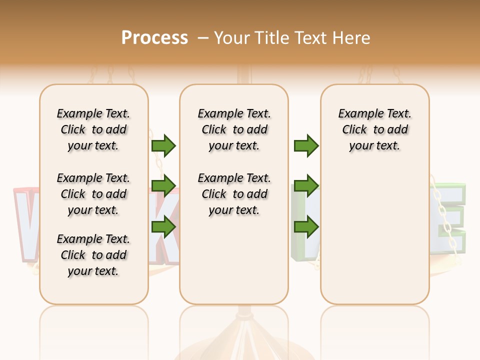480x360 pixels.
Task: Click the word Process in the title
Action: click(154, 38)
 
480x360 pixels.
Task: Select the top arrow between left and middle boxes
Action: click(163, 145)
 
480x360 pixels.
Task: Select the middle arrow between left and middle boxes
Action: click(163, 186)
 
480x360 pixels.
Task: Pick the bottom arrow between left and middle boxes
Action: click(163, 227)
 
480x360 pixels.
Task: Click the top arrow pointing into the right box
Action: click(306, 145)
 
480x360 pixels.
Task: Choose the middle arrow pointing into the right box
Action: click(306, 186)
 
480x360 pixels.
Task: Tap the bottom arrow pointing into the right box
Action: click(306, 227)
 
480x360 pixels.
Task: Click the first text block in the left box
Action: click(93, 129)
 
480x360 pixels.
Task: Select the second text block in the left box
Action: click(93, 194)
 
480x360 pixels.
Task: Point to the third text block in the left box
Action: click(93, 255)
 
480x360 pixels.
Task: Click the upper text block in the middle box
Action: click(234, 129)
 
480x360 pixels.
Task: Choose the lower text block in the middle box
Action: click(234, 194)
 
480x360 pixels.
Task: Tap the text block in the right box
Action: click(374, 129)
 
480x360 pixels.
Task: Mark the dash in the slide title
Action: click(203, 38)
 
